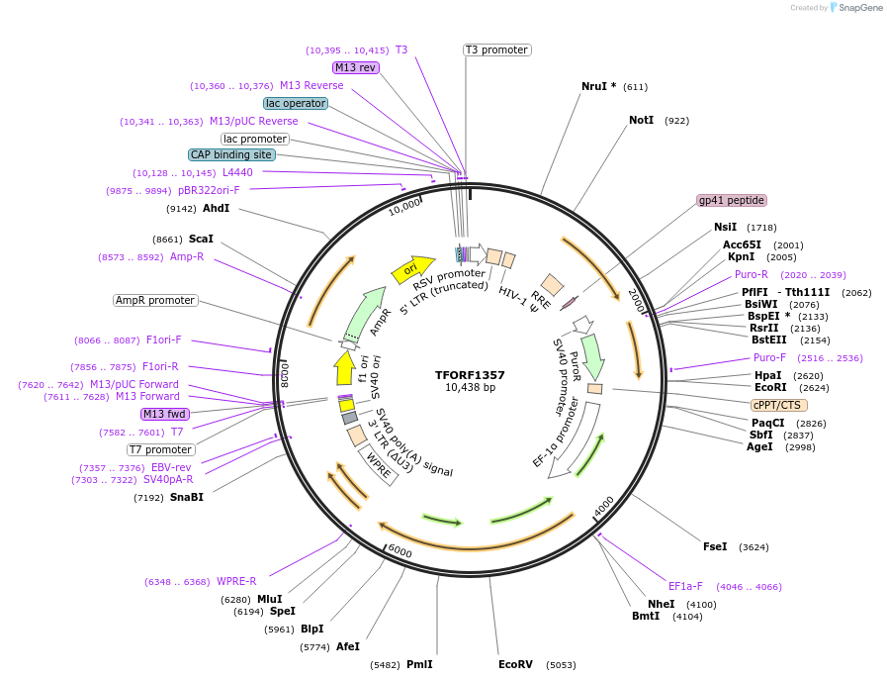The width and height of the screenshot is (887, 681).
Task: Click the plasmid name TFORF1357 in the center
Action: [x=470, y=375]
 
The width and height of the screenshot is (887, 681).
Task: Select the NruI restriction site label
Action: [x=598, y=86]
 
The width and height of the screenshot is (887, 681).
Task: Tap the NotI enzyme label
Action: [x=641, y=120]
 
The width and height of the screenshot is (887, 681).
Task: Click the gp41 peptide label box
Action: [x=731, y=200]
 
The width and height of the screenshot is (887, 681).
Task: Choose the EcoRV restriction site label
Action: [x=515, y=664]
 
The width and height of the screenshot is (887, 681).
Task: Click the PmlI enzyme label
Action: [x=419, y=664]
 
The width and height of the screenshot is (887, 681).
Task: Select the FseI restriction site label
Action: [x=715, y=546]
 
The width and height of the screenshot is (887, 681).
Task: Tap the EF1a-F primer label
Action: [x=685, y=586]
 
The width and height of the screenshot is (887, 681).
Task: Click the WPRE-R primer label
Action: [x=236, y=581]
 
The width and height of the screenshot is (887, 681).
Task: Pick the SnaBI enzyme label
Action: [x=187, y=497]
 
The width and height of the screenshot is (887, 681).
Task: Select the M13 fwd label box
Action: [x=165, y=414]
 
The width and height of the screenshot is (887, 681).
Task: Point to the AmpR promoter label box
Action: [x=155, y=300]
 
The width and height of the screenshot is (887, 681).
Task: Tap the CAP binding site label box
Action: [x=232, y=154]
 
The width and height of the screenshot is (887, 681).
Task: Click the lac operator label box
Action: [x=296, y=103]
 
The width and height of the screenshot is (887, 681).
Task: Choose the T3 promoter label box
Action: [x=496, y=49]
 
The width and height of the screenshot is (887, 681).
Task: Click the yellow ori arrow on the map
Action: [x=412, y=267]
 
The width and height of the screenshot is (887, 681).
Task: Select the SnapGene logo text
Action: [x=856, y=8]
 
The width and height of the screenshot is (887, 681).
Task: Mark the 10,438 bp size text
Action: [x=470, y=388]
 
